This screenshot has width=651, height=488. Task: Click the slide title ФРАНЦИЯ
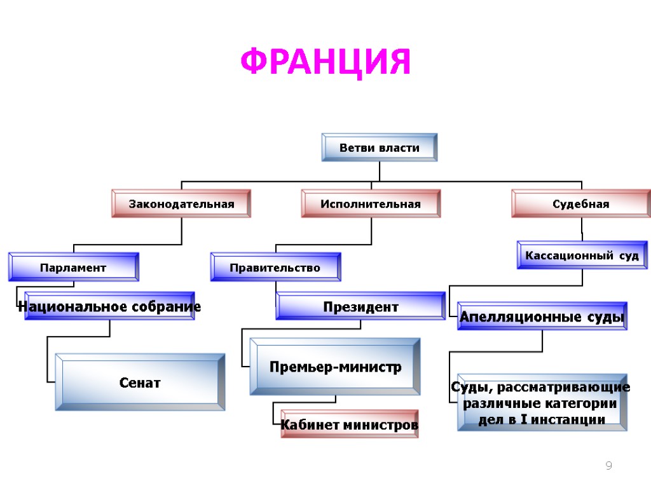coord(325,62)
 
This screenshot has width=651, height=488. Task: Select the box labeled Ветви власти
coord(380,147)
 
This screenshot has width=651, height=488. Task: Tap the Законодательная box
coord(181,204)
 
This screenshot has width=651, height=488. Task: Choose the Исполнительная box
coord(371,204)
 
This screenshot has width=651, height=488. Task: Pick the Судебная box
coord(581,204)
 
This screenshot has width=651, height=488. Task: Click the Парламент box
coord(73,268)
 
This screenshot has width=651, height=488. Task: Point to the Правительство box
coord(275,268)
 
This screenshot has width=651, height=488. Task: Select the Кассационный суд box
coord(582,255)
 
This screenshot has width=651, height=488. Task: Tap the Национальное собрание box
coord(109,307)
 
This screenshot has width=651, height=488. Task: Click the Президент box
coord(360,307)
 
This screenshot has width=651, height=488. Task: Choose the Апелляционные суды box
coord(542,316)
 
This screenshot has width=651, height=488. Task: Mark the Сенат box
coord(140,383)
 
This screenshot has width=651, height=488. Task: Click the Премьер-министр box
coord(335,367)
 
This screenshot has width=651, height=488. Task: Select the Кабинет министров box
coord(350,424)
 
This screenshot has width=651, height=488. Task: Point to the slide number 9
coord(608,466)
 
